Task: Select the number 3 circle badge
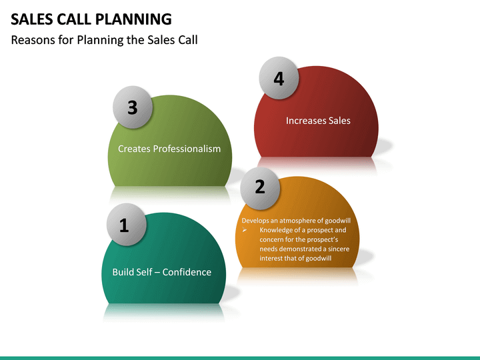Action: [132, 107]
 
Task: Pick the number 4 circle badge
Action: [279, 78]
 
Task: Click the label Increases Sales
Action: [318, 121]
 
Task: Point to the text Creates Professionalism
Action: [169, 149]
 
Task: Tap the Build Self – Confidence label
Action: [161, 272]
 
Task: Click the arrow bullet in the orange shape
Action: [246, 231]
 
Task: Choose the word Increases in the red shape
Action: [305, 121]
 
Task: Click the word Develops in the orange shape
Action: [256, 221]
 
